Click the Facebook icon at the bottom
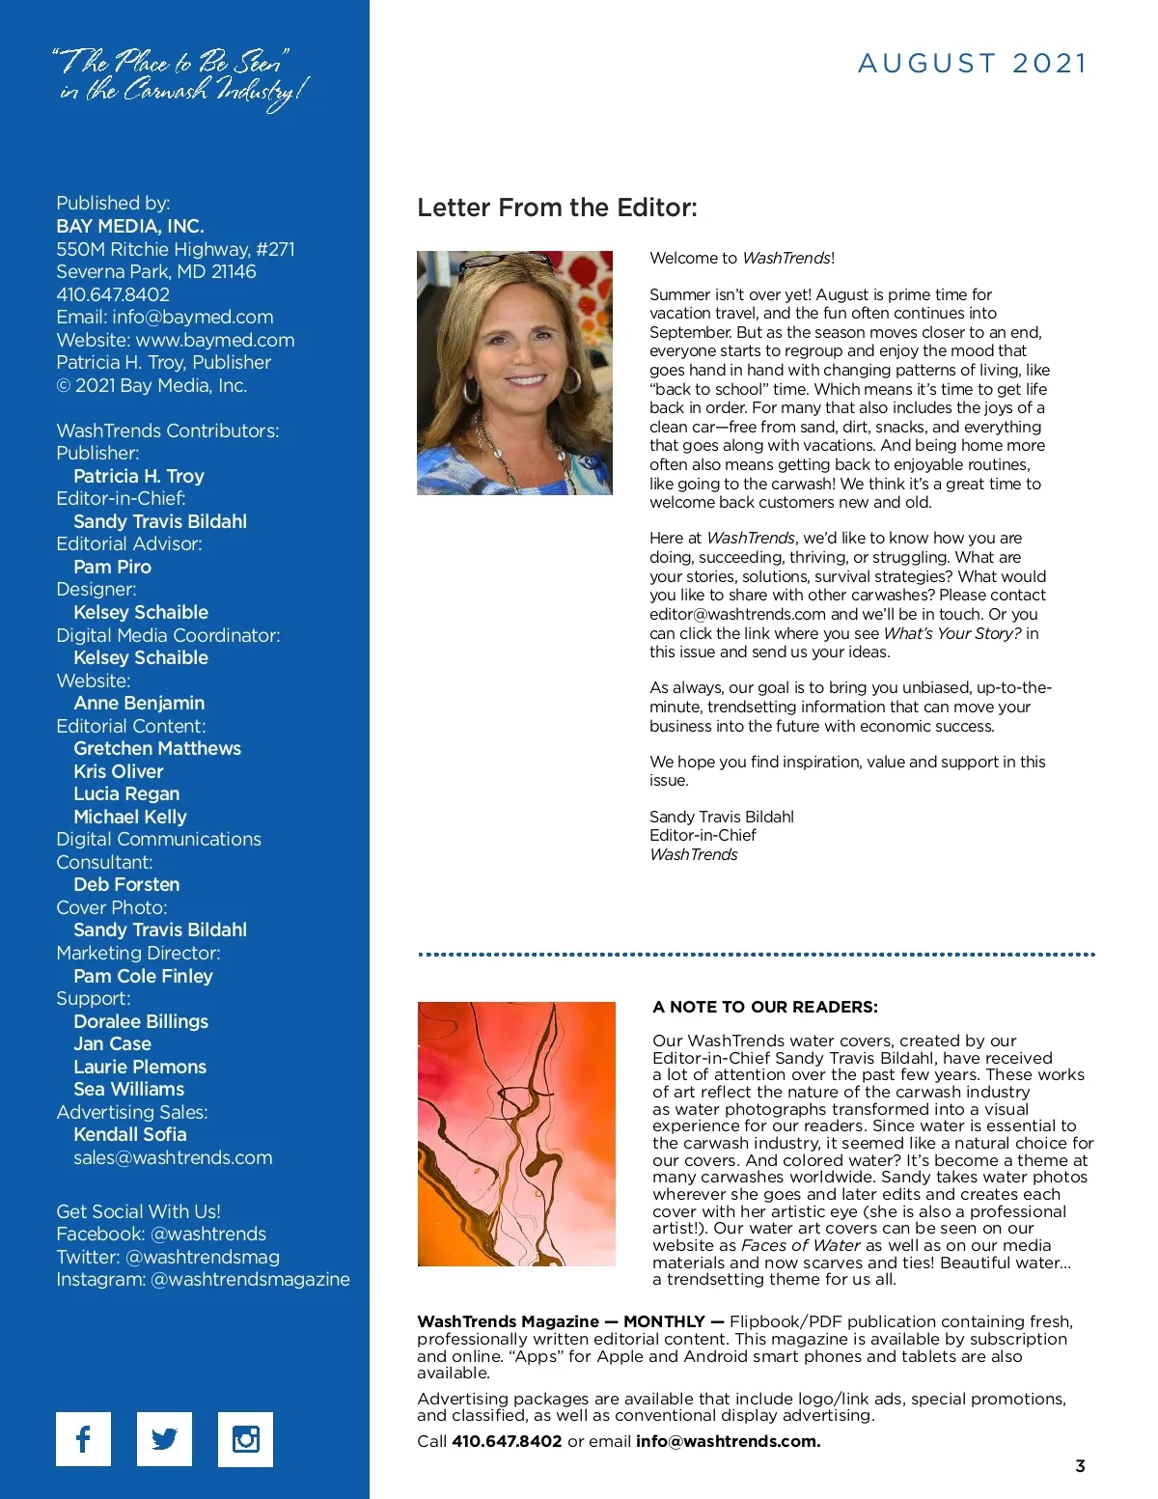coord(83,1439)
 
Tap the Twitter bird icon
coord(164,1439)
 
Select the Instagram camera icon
coord(245,1439)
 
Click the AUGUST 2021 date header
coord(972,64)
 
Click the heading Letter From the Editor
coord(557,208)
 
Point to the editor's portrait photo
coord(514,373)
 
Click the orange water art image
coord(516,1133)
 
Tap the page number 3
coord(1080,1466)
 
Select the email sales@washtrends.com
coord(173,1157)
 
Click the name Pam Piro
coord(112,567)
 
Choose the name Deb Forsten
coord(126,884)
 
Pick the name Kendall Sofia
coord(130,1134)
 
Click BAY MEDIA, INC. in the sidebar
coord(130,226)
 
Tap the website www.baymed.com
coord(215,340)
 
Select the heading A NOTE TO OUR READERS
coord(765,1007)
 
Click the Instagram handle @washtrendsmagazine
coord(251,1279)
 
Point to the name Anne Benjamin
coord(139,703)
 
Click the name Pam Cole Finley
coord(143,976)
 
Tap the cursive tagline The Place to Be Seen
coord(181,77)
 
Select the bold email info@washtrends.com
coord(729,1441)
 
